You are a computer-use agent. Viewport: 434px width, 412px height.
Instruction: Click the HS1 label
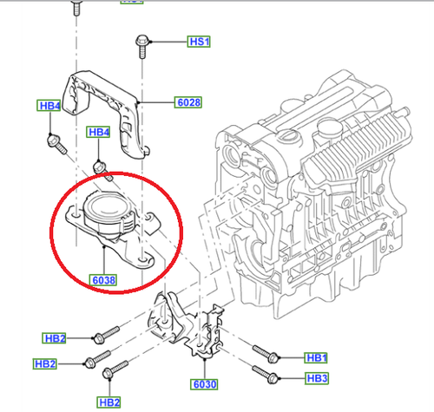click(x=199, y=42)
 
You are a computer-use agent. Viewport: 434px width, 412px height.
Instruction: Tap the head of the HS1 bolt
click(x=141, y=41)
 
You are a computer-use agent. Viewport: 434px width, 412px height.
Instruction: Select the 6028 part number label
click(x=188, y=102)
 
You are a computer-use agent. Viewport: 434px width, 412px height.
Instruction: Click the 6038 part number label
click(x=103, y=280)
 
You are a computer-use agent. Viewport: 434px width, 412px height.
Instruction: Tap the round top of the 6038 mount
click(x=107, y=206)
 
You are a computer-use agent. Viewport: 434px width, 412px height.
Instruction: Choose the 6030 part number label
click(x=204, y=384)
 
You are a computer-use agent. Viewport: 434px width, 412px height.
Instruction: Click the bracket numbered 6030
click(x=185, y=328)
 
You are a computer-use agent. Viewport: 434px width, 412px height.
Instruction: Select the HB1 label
click(x=316, y=357)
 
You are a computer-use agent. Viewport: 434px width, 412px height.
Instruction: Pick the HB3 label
click(x=317, y=378)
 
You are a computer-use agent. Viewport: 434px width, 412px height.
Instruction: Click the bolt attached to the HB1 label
click(x=266, y=354)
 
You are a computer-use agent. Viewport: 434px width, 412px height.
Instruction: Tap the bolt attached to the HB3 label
click(x=266, y=375)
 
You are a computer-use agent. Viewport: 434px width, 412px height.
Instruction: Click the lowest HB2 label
click(x=108, y=402)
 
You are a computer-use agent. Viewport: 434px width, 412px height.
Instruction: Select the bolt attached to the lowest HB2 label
click(x=115, y=369)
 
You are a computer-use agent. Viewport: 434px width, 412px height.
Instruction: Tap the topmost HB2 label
click(x=54, y=338)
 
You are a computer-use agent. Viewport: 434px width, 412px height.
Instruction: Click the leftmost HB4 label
click(x=49, y=105)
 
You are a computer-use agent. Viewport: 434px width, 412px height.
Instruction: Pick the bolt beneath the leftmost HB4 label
click(x=56, y=144)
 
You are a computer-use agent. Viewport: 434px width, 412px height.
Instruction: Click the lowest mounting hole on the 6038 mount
click(x=142, y=258)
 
